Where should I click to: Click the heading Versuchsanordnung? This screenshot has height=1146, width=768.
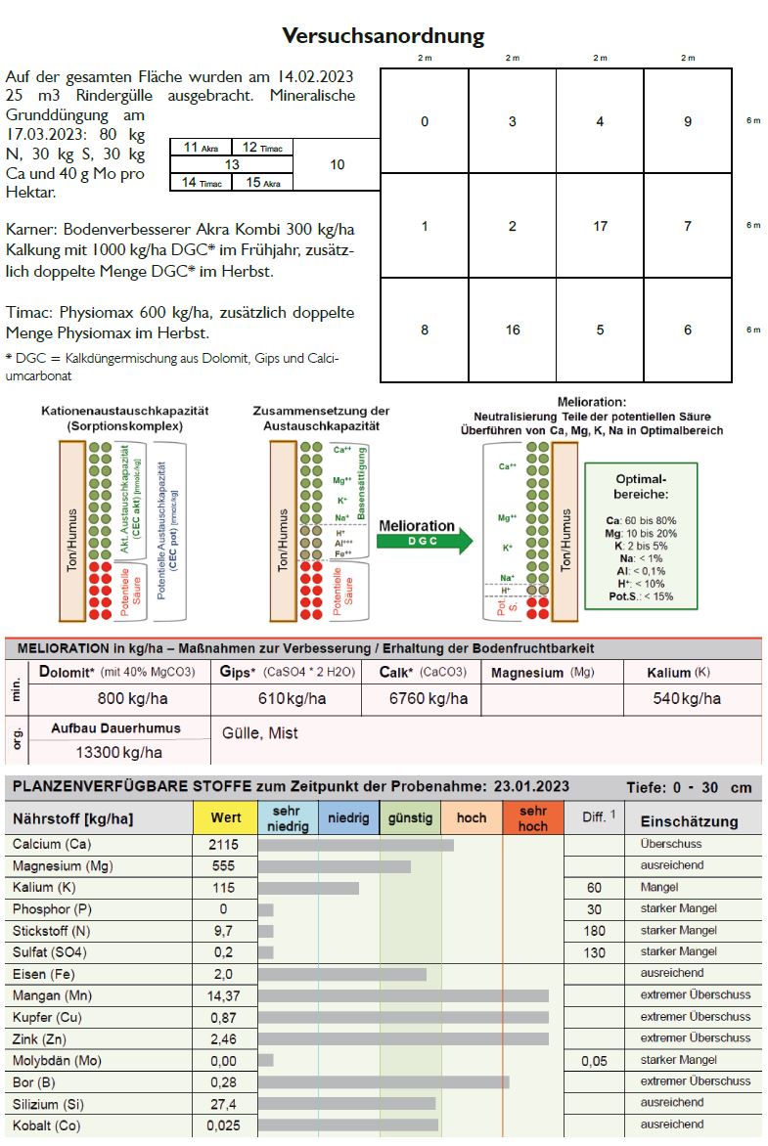coord(384,36)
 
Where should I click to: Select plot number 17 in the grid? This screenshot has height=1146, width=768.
coord(600,226)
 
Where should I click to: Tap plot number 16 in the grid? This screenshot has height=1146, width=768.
coord(513,331)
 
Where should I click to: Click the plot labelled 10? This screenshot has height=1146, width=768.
coord(338,164)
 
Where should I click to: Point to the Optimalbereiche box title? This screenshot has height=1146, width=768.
coord(641,486)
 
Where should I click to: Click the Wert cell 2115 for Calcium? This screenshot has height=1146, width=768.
coord(224,844)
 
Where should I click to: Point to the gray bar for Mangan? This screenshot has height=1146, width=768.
coord(403,995)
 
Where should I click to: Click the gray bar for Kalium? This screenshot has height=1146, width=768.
coord(308,888)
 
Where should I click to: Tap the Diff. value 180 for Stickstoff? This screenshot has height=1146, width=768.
coord(594,931)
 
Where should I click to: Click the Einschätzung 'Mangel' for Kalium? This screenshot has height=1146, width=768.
coord(659,887)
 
